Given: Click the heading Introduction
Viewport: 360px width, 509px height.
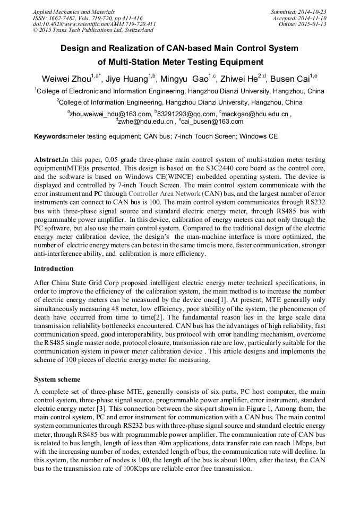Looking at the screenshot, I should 54,269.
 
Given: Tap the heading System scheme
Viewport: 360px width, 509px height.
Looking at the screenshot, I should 57,379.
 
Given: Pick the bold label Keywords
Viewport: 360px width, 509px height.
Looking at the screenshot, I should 51,136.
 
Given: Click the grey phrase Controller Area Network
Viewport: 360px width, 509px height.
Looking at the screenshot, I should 162,194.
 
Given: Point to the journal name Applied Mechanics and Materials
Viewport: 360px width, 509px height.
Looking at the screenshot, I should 74,11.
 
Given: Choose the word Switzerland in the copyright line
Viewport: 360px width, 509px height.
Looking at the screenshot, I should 135,31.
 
